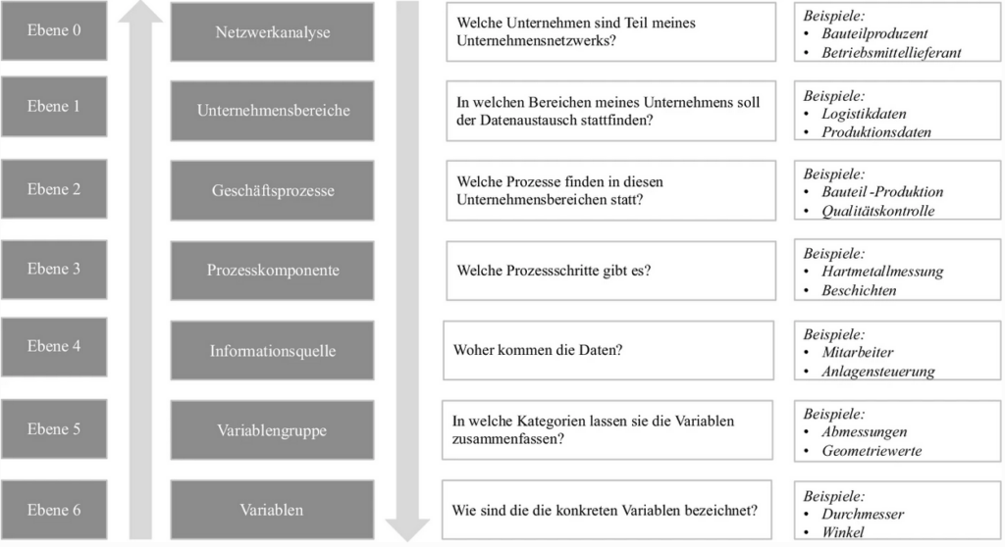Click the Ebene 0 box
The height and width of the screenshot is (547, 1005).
[x=54, y=30]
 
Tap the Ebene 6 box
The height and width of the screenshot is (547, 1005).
[x=54, y=510]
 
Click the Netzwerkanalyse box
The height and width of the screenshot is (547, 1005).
[x=272, y=32]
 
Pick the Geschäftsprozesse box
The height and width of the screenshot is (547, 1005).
[x=272, y=190]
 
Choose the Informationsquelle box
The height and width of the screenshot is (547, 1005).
[x=272, y=350]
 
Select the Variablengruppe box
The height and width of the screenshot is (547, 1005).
[x=272, y=429]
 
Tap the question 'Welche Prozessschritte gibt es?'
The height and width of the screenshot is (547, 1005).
[x=554, y=270]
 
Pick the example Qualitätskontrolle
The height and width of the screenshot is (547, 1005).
[x=877, y=211]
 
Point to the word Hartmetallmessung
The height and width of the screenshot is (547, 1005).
[x=881, y=272]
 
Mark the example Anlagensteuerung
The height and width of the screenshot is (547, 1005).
[x=877, y=372]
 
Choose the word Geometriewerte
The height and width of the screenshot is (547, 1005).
[x=872, y=451]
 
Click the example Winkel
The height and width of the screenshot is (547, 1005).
[x=843, y=532]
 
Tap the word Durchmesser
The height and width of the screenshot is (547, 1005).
[x=863, y=514]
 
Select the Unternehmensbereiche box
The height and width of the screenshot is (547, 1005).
[x=272, y=110]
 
